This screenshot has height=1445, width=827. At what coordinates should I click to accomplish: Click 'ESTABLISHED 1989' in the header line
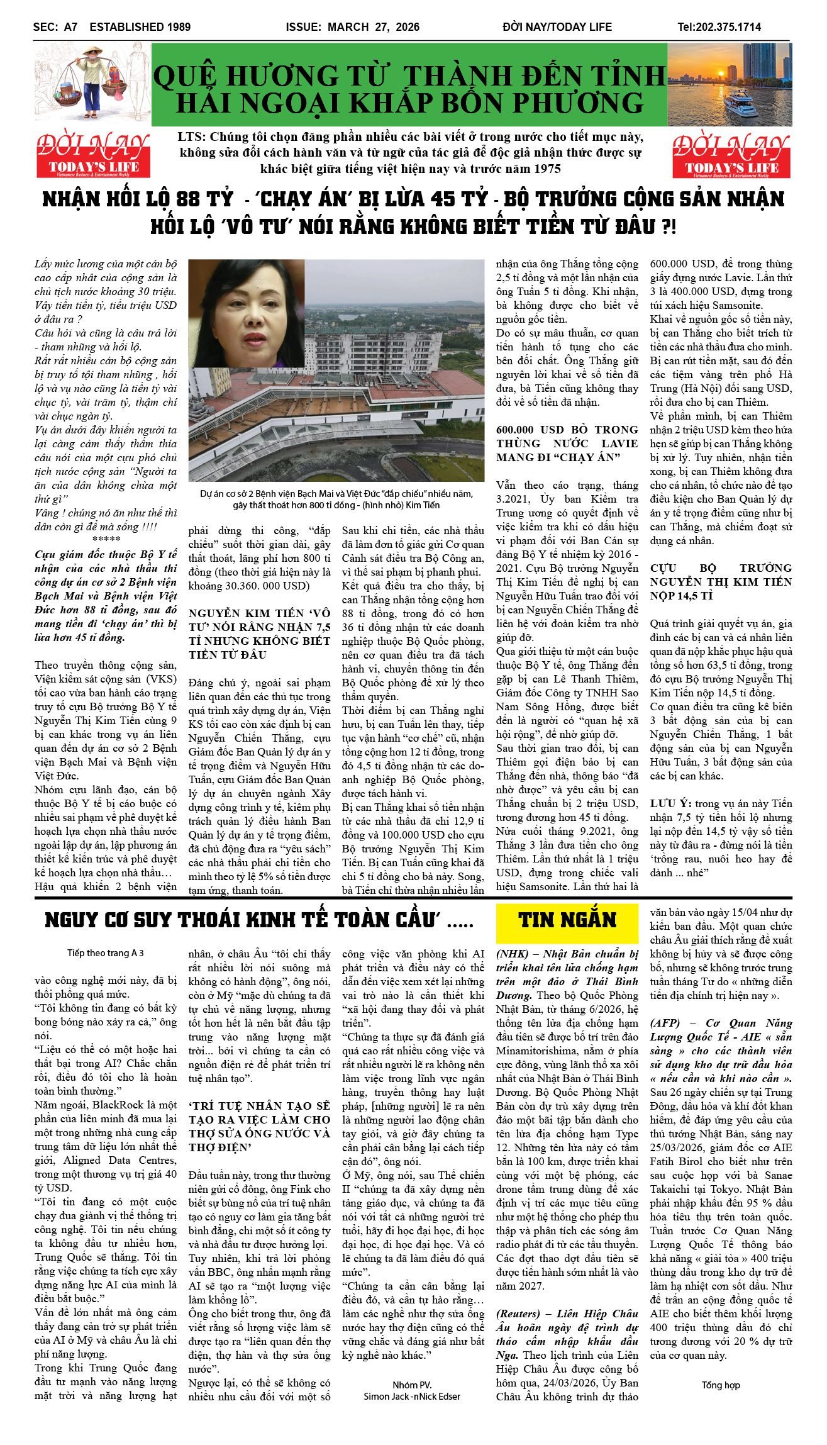click(140, 27)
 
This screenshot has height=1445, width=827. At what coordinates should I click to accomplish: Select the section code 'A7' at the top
click(70, 27)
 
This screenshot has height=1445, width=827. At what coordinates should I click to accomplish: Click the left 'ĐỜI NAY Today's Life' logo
click(92, 155)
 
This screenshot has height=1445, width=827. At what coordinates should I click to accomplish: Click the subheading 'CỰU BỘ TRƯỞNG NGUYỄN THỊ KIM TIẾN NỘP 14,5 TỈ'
click(721, 582)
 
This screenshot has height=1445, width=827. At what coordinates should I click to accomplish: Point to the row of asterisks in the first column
click(106, 540)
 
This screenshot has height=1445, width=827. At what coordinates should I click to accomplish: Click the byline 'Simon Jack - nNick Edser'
click(412, 1396)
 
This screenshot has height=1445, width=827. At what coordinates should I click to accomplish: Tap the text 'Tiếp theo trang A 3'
click(106, 953)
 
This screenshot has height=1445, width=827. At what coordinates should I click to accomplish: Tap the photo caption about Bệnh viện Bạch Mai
click(336, 499)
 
